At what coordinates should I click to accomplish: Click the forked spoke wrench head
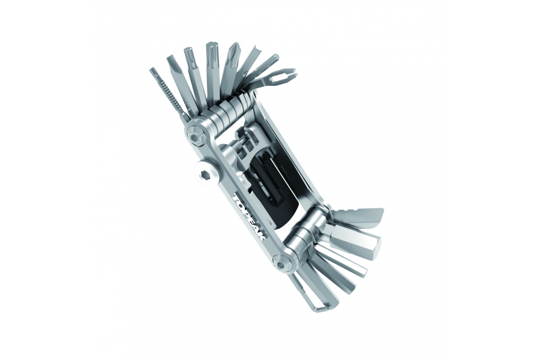(x=283, y=76)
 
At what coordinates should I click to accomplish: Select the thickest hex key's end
(x=375, y=247)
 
